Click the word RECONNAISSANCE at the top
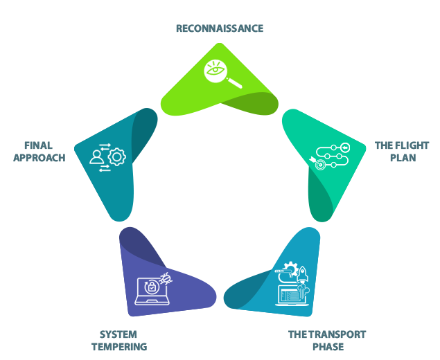click(219, 29)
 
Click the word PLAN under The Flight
click(403, 158)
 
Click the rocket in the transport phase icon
click(303, 274)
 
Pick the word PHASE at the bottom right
click(328, 347)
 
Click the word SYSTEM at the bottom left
click(118, 334)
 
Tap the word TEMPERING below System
click(119, 347)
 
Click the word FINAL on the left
click(38, 145)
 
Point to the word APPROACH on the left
click(39, 158)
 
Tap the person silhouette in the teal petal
click(97, 159)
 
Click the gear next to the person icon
click(117, 157)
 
